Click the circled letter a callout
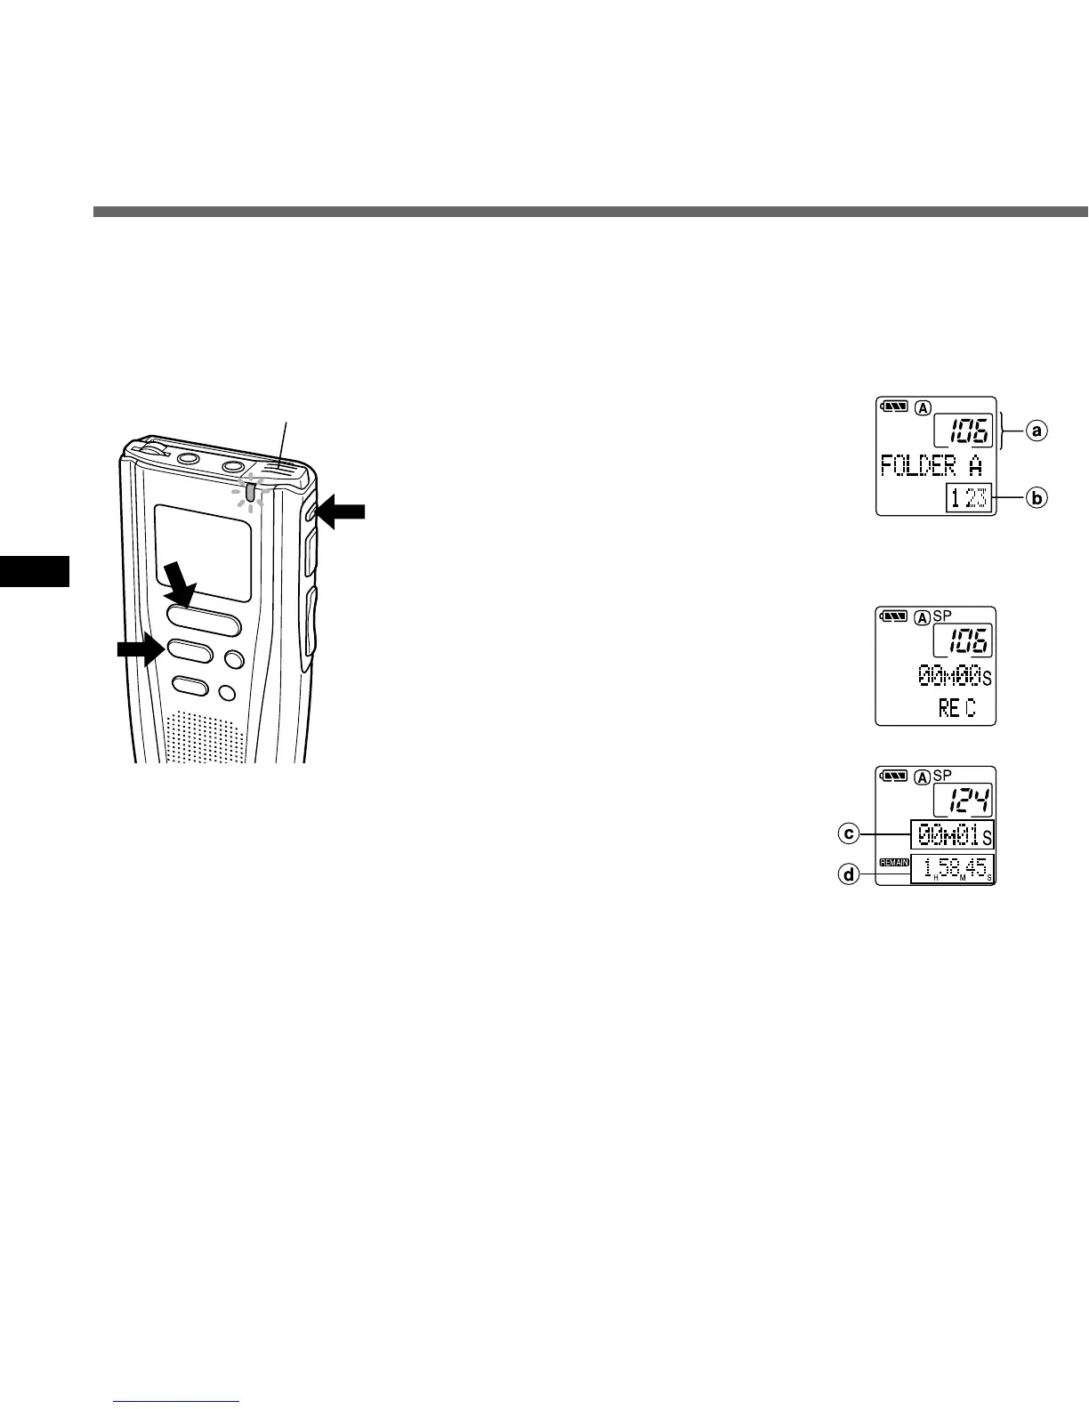(1035, 431)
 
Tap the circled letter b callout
(1035, 498)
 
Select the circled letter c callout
(850, 833)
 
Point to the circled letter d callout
(850, 875)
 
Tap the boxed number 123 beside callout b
(968, 498)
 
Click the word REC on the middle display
(956, 708)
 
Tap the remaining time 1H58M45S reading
(951, 869)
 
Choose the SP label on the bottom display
(942, 776)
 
